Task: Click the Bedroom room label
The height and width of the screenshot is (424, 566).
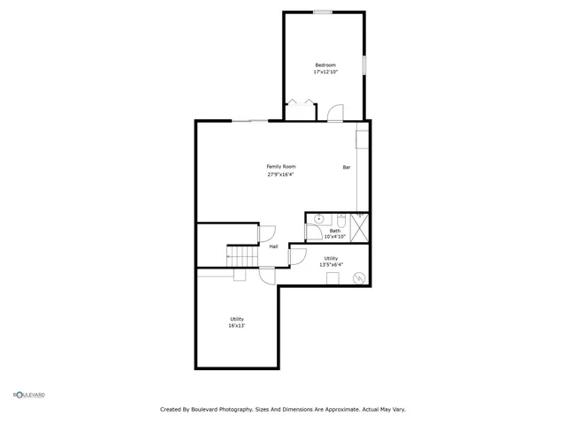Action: point(325,64)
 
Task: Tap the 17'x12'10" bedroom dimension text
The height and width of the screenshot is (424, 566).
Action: point(325,72)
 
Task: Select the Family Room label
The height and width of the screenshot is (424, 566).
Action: point(281,166)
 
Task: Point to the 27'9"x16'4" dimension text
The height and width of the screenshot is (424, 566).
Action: point(281,174)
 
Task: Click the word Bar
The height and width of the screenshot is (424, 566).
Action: point(347,167)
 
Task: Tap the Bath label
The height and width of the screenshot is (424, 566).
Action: point(335,231)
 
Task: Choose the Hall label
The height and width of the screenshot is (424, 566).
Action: point(274,246)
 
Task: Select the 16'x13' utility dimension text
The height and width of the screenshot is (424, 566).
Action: point(237,326)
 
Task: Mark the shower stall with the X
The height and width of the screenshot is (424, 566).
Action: point(359,227)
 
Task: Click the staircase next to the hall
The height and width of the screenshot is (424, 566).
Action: point(241,255)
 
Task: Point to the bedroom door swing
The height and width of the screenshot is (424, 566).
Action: point(334,112)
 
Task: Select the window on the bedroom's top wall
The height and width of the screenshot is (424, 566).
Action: point(323,11)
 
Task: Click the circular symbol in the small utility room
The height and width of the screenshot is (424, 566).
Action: point(358,278)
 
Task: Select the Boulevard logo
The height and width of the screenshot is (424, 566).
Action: point(28,394)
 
